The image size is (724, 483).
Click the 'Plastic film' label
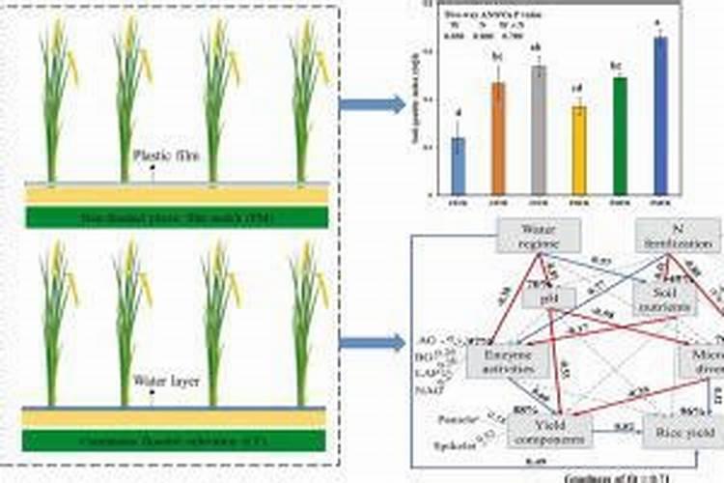pyautogui.click(x=166, y=154)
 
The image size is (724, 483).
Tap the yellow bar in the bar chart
pyautogui.click(x=579, y=149)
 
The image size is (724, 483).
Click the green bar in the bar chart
pyautogui.click(x=620, y=134)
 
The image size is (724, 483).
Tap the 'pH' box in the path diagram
pyautogui.click(x=536, y=300)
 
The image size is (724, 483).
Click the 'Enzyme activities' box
pyautogui.click(x=508, y=361)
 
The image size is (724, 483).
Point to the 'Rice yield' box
pyautogui.click(x=682, y=429)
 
